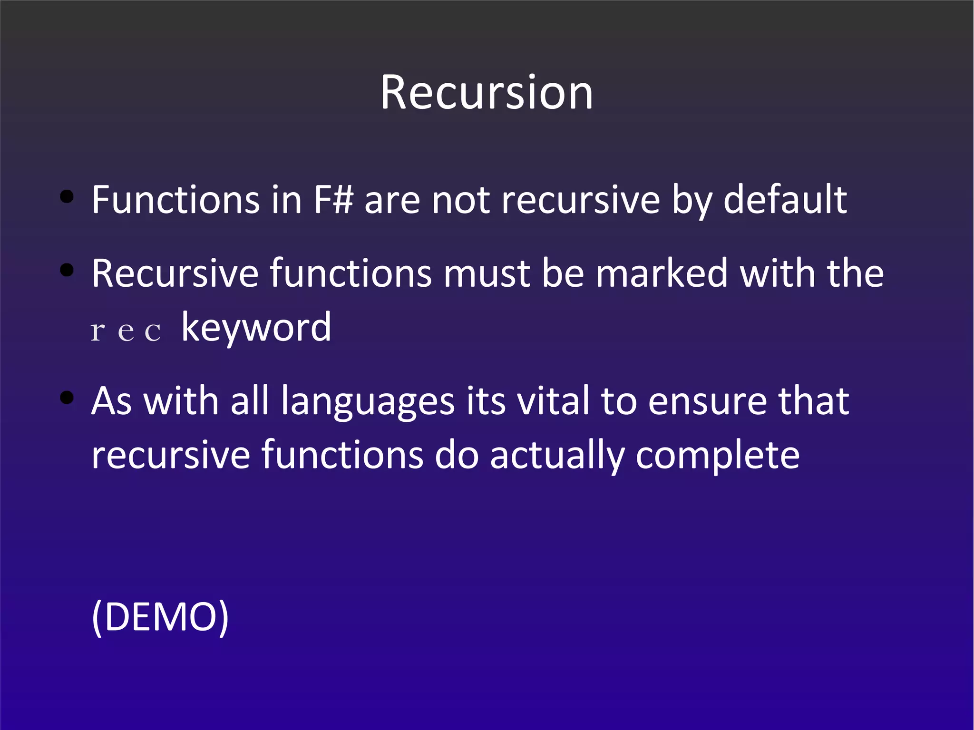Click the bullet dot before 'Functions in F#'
(x=67, y=196)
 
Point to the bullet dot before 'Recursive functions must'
(x=67, y=270)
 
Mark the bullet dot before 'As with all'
(x=67, y=397)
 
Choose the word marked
(x=662, y=273)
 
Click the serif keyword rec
(x=126, y=331)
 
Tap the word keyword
(x=256, y=328)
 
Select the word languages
(x=368, y=402)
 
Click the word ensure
(x=707, y=402)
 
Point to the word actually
(x=557, y=456)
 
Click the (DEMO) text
(x=160, y=617)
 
